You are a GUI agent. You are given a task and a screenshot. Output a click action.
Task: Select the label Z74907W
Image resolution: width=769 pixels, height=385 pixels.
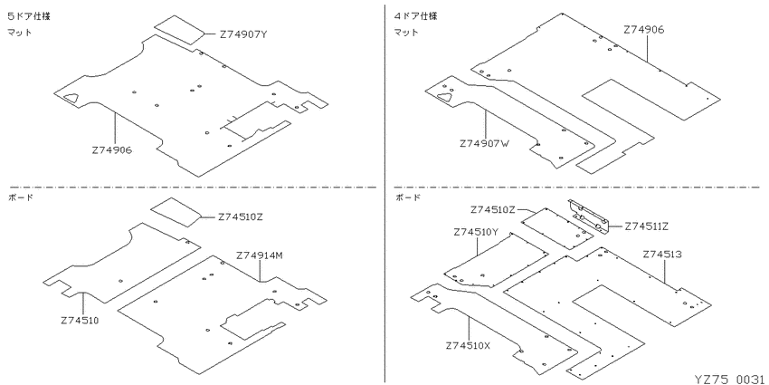coord(485,144)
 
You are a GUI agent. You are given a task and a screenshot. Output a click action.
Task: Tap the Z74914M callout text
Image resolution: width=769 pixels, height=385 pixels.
coord(260,255)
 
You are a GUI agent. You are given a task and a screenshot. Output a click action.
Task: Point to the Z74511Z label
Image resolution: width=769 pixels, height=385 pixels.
coord(646,226)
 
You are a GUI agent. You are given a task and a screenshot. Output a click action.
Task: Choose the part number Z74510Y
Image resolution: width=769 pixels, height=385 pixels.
coord(476,232)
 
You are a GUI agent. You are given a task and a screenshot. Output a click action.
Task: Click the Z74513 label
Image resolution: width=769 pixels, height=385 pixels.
coord(662,254)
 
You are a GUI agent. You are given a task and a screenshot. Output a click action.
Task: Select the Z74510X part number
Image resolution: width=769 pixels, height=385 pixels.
coord(468,345)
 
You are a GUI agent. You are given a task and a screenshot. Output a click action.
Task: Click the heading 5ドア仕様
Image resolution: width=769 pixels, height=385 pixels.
coord(28,16)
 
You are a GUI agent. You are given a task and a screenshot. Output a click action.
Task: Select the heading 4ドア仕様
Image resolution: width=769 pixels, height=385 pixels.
coord(416,16)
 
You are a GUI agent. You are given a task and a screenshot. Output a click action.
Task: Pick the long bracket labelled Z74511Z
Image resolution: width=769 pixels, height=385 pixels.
coord(589,217)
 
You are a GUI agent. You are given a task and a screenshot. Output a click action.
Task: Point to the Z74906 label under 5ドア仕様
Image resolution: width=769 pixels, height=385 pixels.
coord(111,150)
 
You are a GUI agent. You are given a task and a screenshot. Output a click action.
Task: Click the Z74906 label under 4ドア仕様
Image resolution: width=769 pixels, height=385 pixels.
coord(644,30)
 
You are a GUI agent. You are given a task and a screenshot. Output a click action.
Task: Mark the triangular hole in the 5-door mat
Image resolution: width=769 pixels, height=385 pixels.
coord(71,98)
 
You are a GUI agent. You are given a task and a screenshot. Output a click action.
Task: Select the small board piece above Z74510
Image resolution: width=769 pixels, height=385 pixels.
coord(176,212)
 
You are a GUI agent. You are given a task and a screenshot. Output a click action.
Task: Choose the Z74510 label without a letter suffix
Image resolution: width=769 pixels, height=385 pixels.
coord(81,321)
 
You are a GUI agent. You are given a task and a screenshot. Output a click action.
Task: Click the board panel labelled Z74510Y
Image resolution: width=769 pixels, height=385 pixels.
coord(496,260)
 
